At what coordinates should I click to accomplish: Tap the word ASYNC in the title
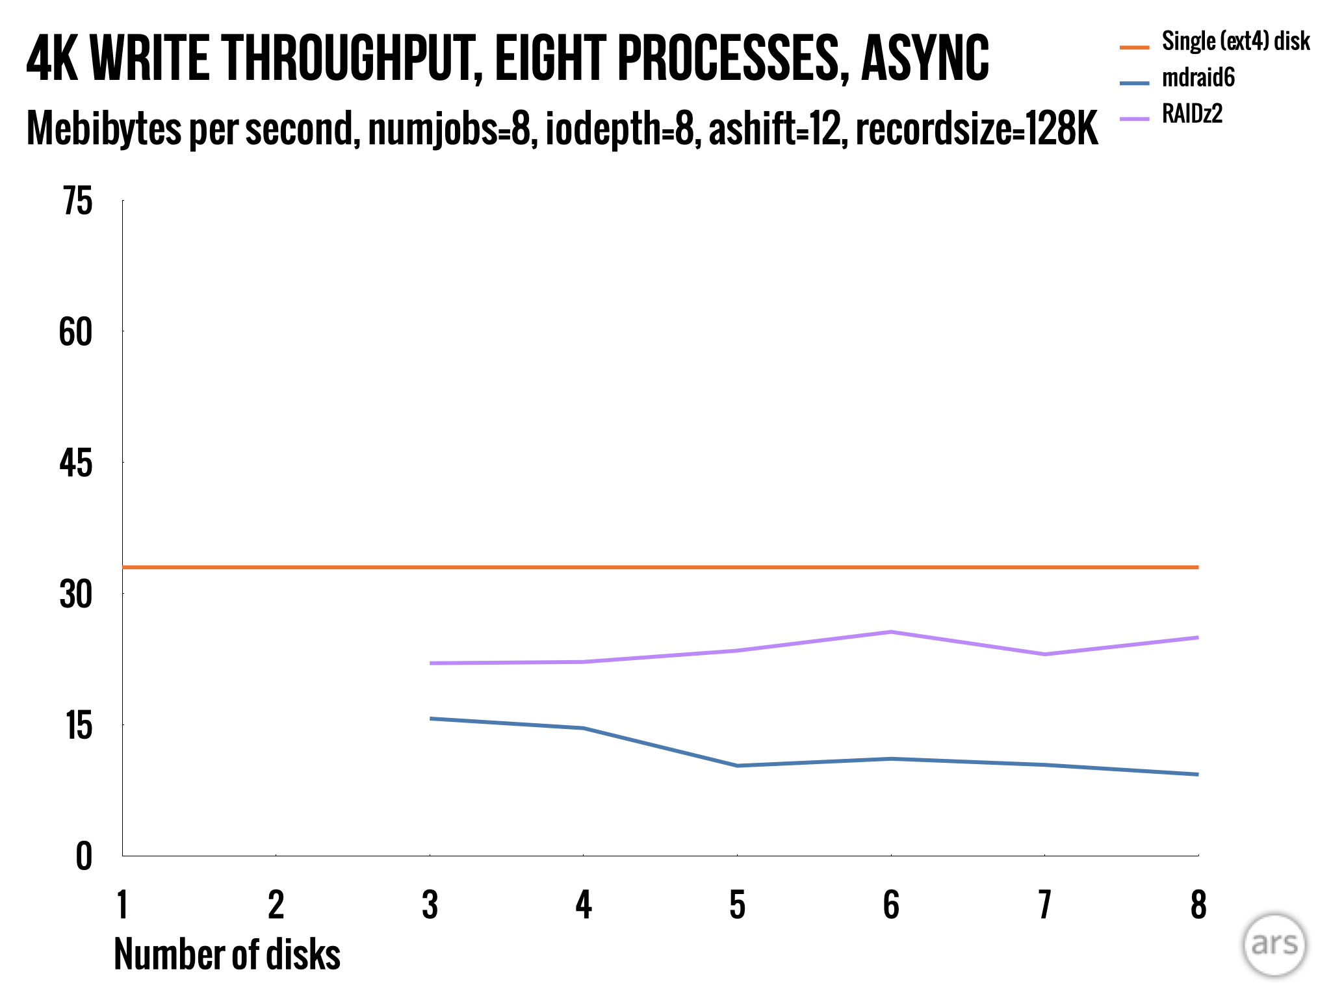tap(924, 58)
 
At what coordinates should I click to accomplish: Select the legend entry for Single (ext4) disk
tap(1235, 42)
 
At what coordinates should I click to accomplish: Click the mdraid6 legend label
tap(1198, 78)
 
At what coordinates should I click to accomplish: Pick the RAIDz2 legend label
tap(1192, 114)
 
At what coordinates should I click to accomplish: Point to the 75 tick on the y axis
tap(77, 201)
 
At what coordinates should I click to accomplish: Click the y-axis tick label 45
tap(76, 464)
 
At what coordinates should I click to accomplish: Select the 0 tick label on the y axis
tap(84, 856)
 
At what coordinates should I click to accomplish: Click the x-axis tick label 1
tap(122, 905)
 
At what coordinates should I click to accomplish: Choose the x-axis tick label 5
tap(737, 905)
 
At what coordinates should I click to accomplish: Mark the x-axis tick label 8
tap(1198, 905)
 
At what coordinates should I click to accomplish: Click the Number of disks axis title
tap(227, 954)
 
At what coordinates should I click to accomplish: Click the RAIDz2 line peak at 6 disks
tap(891, 632)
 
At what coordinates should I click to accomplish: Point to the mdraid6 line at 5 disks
tap(737, 765)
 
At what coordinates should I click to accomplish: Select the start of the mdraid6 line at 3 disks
tap(431, 719)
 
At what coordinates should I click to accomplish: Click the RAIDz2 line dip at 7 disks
tap(1044, 654)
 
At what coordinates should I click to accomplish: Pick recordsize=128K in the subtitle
tap(976, 129)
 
